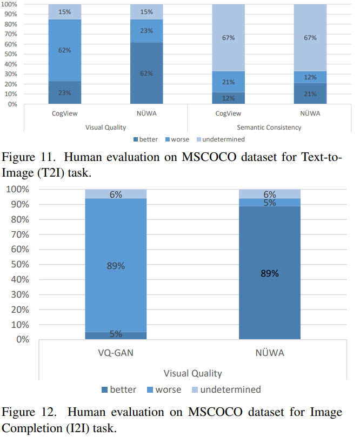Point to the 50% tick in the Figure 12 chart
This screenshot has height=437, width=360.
[17, 265]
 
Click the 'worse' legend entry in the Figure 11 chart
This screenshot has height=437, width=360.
[179, 139]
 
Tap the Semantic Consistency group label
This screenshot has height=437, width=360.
[269, 127]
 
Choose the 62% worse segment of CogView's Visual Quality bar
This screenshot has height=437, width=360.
[65, 50]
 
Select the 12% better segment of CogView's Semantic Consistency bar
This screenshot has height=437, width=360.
[228, 98]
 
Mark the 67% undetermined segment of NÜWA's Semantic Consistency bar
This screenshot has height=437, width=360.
[310, 38]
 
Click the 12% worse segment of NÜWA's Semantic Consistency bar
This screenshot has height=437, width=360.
[310, 77]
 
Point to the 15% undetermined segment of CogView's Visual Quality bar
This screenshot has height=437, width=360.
[65, 12]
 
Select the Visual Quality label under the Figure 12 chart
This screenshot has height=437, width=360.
[193, 373]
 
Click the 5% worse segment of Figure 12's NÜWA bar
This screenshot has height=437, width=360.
[269, 203]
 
